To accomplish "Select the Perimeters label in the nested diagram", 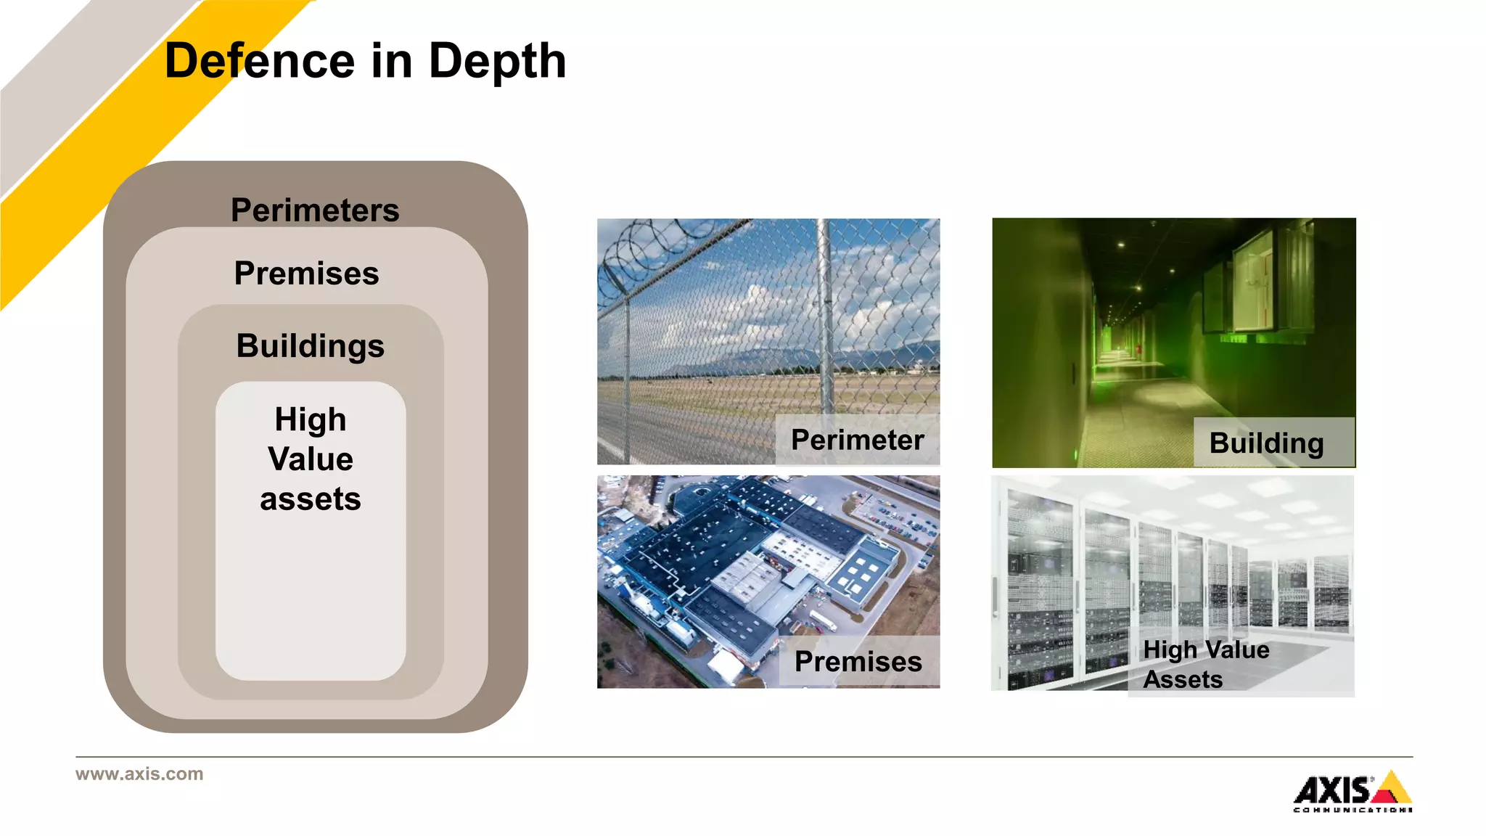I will click(x=315, y=210).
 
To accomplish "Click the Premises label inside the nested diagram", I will click(x=306, y=274).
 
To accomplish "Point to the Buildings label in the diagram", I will click(x=310, y=346).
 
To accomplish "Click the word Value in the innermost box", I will click(x=311, y=459).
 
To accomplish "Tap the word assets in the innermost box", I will click(x=311, y=499).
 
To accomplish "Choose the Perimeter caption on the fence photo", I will click(x=857, y=440).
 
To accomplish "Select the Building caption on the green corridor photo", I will click(x=1266, y=443).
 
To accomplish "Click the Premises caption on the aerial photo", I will click(x=858, y=662).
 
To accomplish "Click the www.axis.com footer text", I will click(x=139, y=774).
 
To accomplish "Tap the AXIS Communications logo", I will click(x=1352, y=791).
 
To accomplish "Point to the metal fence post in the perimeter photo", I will click(x=824, y=319).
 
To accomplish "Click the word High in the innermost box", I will click(x=311, y=419).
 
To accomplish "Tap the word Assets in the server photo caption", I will click(x=1183, y=680).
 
